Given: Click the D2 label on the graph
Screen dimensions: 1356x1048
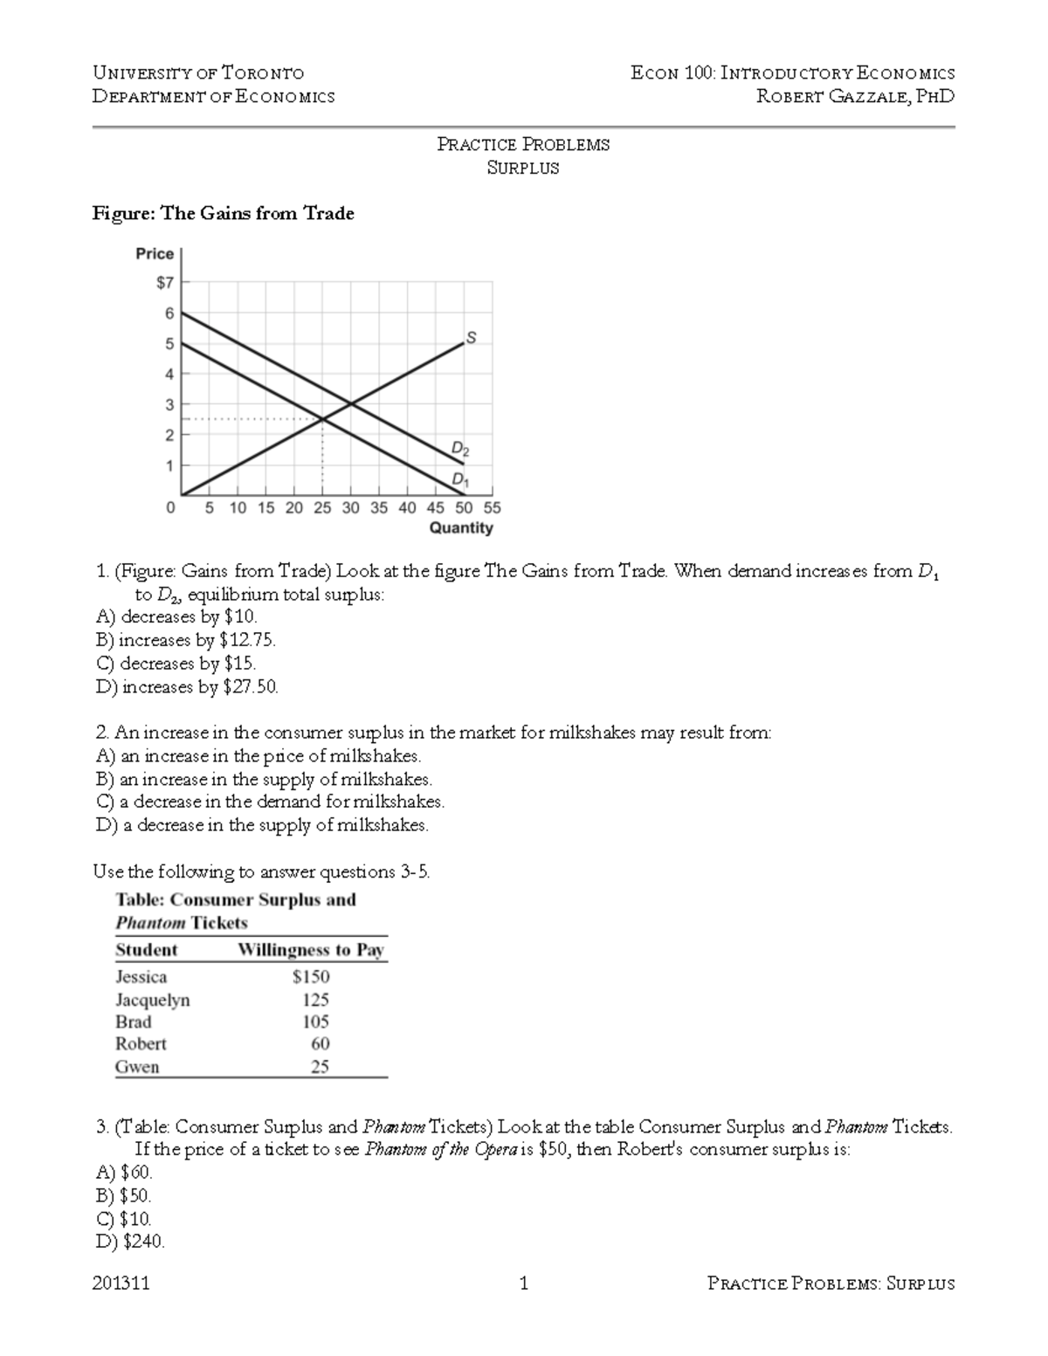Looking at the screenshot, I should click(x=459, y=449).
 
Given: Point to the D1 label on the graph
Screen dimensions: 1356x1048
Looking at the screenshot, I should click(x=459, y=479).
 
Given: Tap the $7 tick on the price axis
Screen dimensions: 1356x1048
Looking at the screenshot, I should click(x=165, y=283).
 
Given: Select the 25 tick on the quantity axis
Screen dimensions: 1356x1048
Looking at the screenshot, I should click(x=322, y=507).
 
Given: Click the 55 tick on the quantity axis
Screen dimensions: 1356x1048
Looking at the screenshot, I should click(x=492, y=507).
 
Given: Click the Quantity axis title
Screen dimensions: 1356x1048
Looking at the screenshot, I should click(x=461, y=527).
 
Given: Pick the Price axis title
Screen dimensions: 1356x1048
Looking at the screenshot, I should click(x=155, y=253).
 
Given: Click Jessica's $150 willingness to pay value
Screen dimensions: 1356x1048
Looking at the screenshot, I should click(x=311, y=976).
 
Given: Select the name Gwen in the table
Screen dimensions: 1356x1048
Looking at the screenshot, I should click(x=137, y=1066).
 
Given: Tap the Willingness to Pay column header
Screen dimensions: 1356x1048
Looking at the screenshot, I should click(x=311, y=950).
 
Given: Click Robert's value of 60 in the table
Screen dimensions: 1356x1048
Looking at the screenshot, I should click(x=320, y=1043).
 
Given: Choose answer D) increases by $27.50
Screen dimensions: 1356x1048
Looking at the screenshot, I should click(x=187, y=687).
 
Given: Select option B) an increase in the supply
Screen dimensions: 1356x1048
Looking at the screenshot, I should click(x=264, y=779).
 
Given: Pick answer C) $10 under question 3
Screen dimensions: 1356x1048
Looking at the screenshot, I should click(x=124, y=1219).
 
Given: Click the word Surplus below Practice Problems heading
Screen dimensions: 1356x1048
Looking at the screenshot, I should click(x=522, y=168).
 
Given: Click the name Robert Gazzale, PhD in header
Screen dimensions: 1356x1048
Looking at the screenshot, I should click(x=855, y=96).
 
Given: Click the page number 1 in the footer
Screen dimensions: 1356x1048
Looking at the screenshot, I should click(x=523, y=1284).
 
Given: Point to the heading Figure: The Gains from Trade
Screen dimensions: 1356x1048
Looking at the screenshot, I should click(x=224, y=214).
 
